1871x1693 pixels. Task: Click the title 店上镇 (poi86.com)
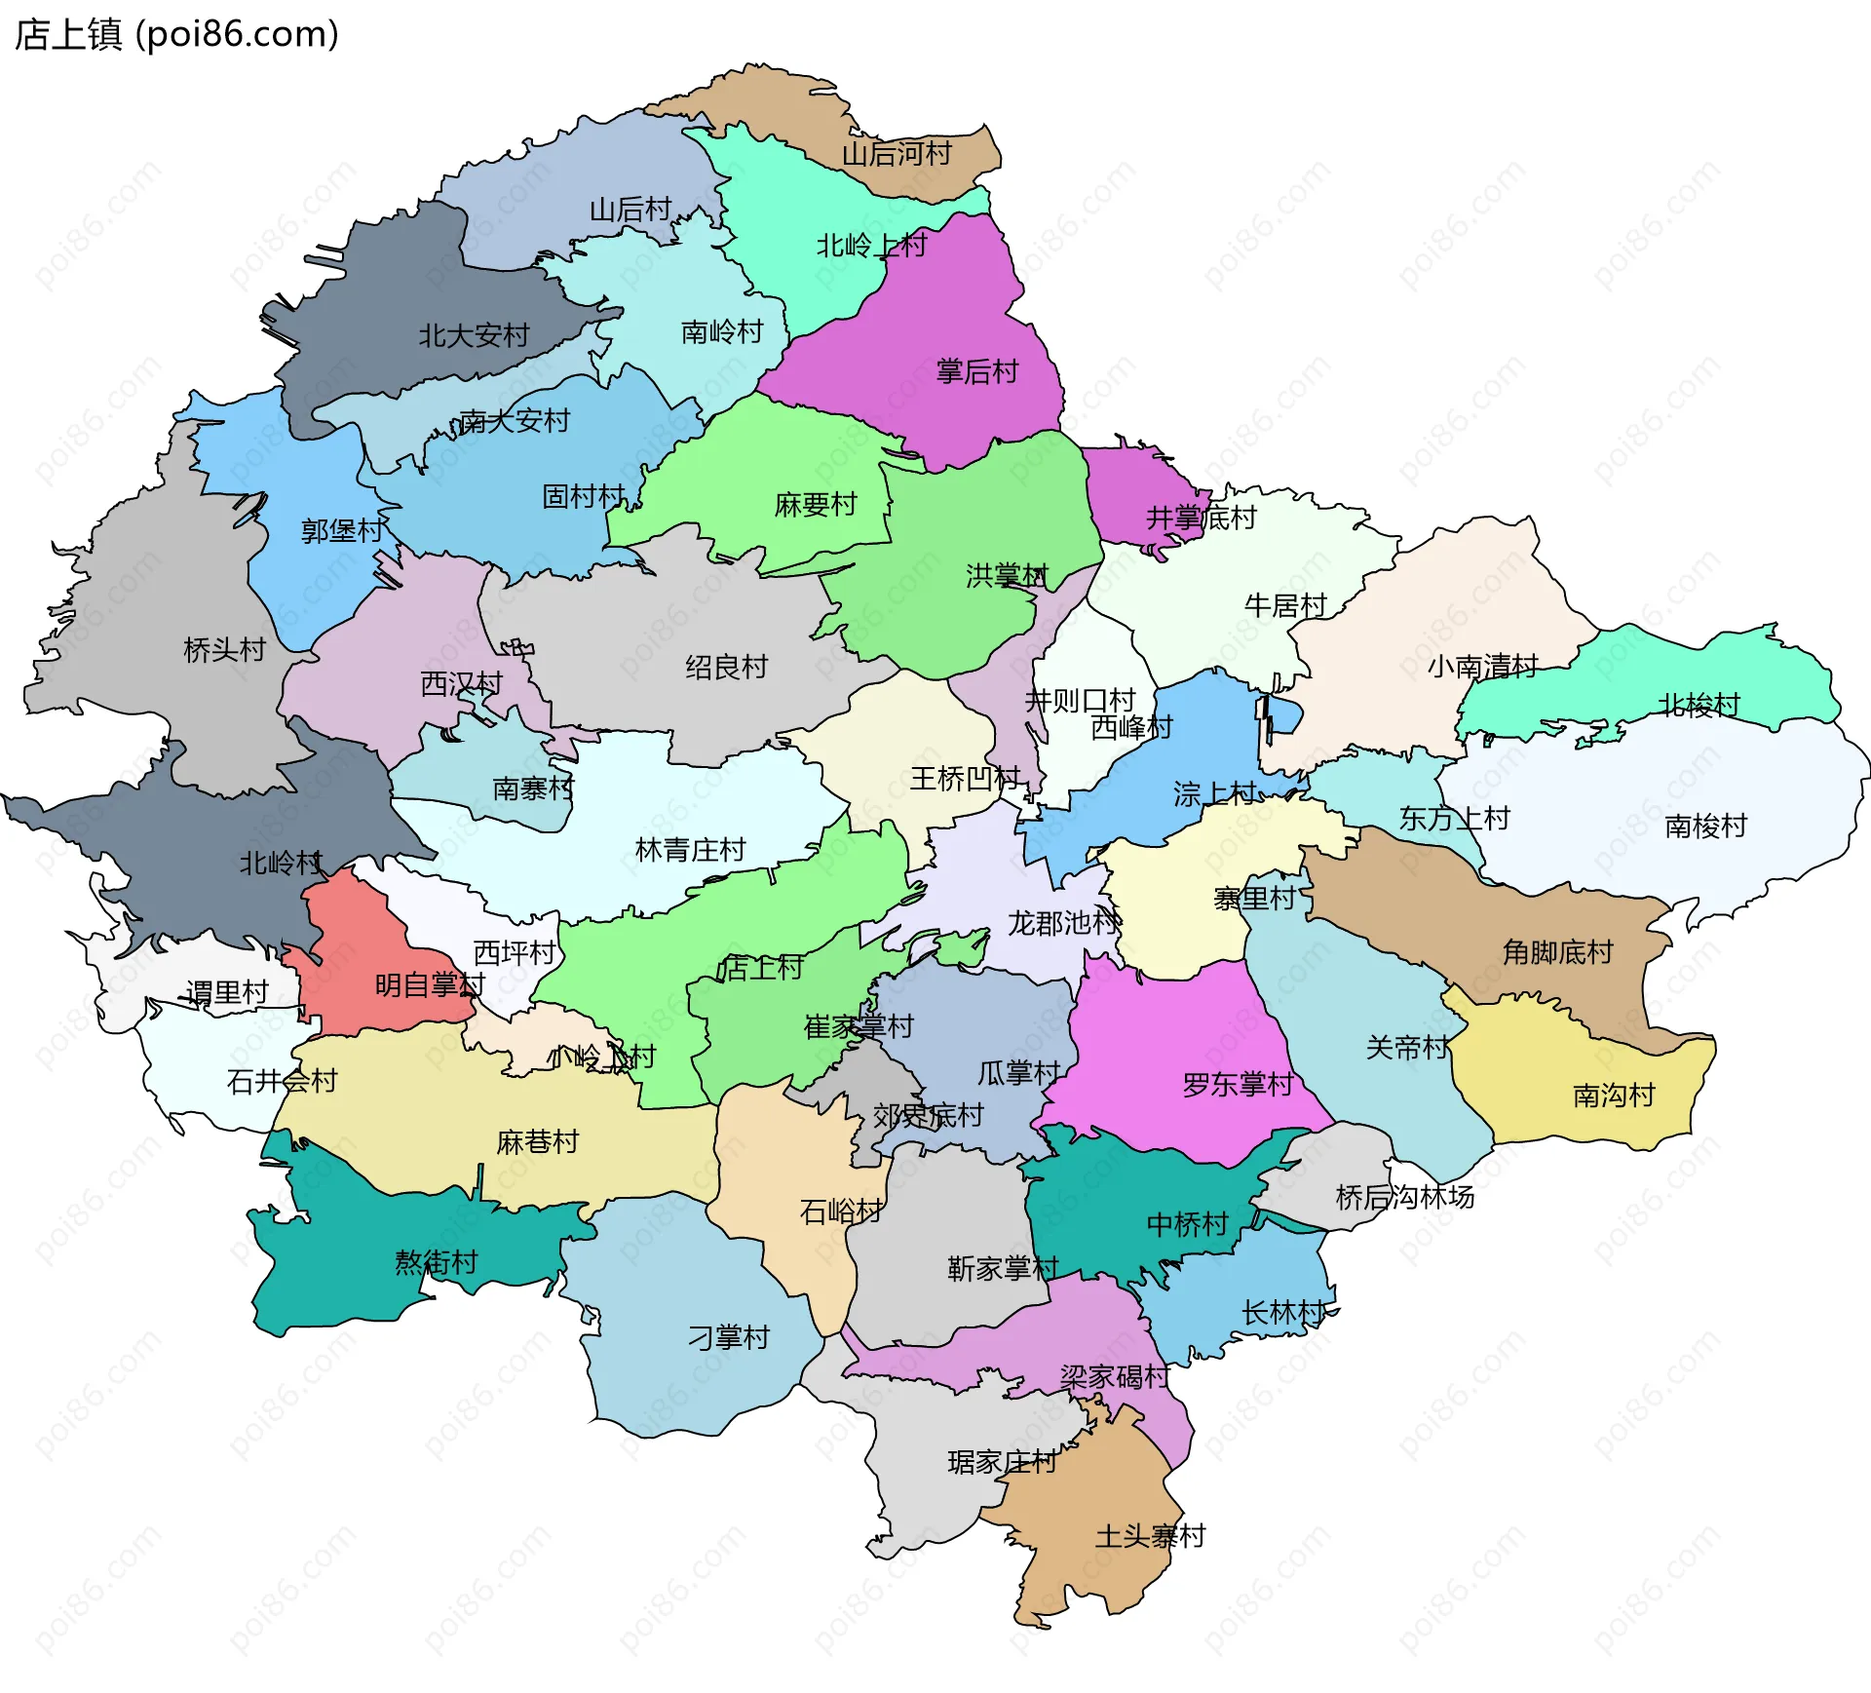(x=176, y=34)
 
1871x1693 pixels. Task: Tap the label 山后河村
(x=896, y=154)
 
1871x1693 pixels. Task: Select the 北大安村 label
(x=474, y=336)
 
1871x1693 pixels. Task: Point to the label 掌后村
(x=976, y=371)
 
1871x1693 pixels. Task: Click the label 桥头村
(x=224, y=649)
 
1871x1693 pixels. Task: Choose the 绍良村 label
(x=726, y=667)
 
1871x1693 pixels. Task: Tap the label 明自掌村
(x=430, y=985)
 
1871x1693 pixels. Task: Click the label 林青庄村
(x=690, y=850)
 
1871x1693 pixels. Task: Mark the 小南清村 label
(x=1482, y=667)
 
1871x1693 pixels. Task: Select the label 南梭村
(x=1705, y=827)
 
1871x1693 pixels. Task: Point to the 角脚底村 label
(x=1557, y=951)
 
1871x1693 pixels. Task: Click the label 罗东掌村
(x=1238, y=1085)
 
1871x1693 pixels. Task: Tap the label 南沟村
(x=1614, y=1096)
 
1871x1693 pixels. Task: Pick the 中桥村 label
(x=1187, y=1224)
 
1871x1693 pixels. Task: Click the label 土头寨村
(x=1150, y=1537)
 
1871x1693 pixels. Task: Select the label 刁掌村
(x=728, y=1337)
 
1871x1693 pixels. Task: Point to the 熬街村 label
(x=436, y=1263)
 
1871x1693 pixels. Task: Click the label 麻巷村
(x=537, y=1141)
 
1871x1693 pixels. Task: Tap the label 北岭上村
(x=871, y=246)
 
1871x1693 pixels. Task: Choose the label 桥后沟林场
(x=1404, y=1197)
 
